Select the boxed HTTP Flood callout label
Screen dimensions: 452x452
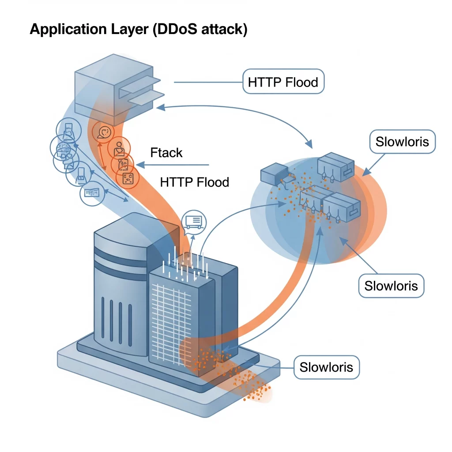283,82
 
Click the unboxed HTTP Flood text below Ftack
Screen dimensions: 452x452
194,182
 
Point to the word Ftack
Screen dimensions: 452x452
166,153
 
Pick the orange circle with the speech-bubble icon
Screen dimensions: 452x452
104,132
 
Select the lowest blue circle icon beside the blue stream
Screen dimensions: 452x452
92,192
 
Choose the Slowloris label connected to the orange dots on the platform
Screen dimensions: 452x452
326,367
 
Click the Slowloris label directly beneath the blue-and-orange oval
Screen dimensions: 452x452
391,286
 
